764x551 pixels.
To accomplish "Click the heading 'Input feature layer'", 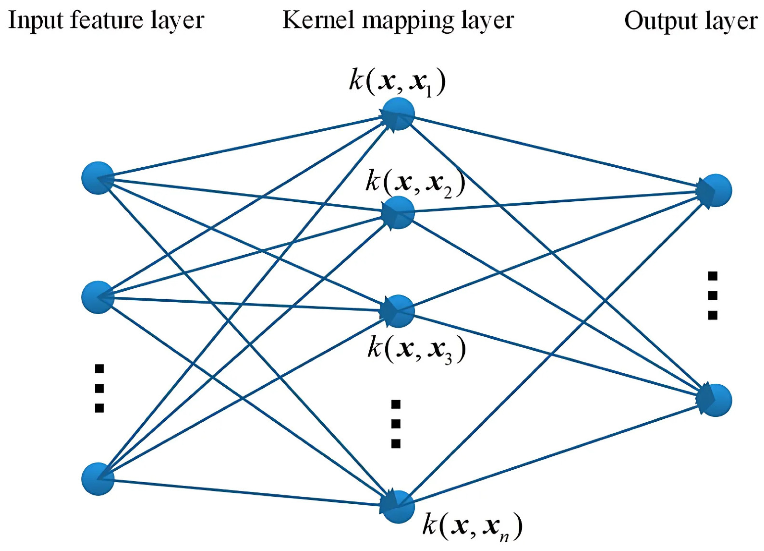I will [x=106, y=21].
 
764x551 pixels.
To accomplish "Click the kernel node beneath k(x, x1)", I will [x=398, y=114].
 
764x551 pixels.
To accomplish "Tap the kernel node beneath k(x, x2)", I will [x=398, y=213].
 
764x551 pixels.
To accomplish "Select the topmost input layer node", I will [x=98, y=178].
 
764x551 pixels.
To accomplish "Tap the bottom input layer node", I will [x=98, y=479].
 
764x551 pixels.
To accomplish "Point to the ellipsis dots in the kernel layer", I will [x=396, y=424].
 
